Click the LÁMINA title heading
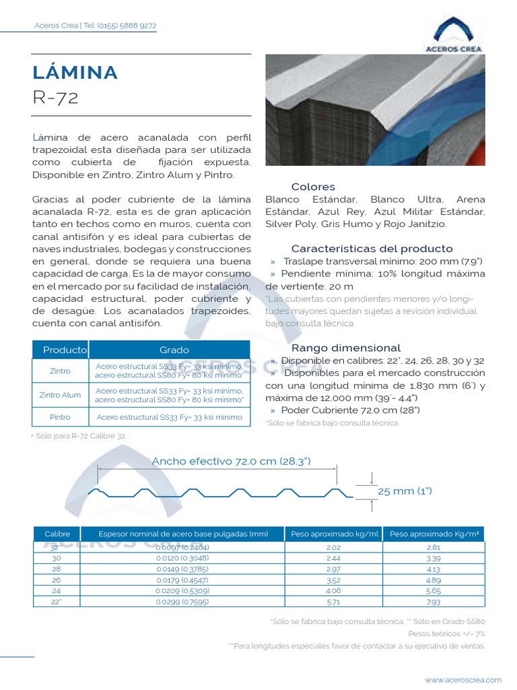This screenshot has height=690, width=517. tap(75, 73)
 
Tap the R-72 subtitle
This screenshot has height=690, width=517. tap(55, 98)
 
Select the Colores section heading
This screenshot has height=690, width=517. tap(313, 187)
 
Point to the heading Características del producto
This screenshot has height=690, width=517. tap(372, 249)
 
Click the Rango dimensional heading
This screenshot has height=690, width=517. tap(346, 348)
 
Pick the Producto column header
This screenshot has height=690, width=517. tap(65, 350)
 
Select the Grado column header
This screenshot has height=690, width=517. tap(174, 350)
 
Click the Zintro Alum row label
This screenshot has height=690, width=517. tap(60, 395)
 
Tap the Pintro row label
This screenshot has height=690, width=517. tap(60, 417)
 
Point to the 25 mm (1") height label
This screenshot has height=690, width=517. tap(405, 491)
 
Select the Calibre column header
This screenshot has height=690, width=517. tap(57, 534)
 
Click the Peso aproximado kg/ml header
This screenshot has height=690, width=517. tap(335, 534)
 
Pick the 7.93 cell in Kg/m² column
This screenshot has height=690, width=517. tap(433, 601)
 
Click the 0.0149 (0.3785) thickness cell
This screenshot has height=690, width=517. tap(182, 569)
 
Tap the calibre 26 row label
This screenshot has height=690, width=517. tap(57, 579)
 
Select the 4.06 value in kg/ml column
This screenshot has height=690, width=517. tap(334, 590)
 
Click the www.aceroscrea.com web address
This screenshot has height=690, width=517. tap(463, 680)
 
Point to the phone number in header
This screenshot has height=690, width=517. tap(127, 26)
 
